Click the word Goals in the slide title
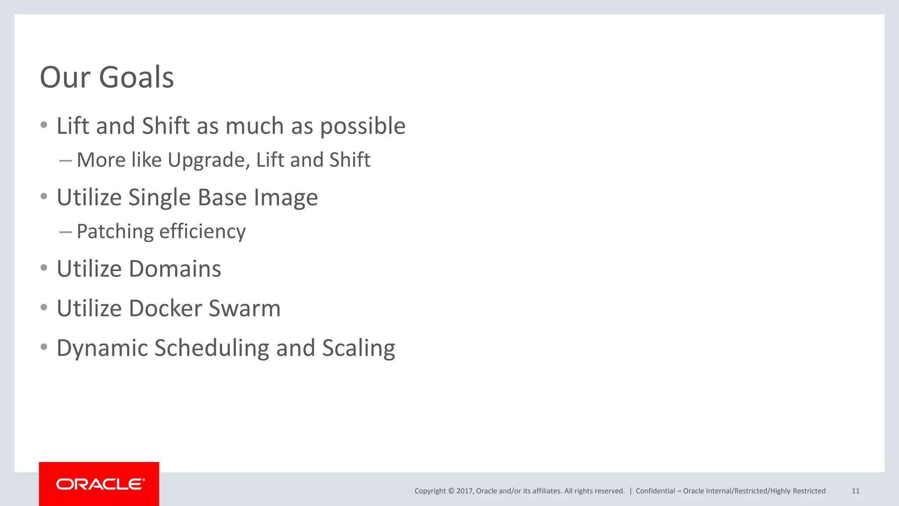[x=137, y=77]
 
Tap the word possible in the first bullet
[x=363, y=126]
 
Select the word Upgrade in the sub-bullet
[x=209, y=160]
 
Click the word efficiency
[x=202, y=231]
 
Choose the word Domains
[x=175, y=269]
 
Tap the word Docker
[x=165, y=308]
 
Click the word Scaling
[x=359, y=348]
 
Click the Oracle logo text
[x=100, y=484]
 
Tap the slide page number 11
[x=856, y=491]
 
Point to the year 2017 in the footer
[x=464, y=491]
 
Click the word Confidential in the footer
[x=655, y=491]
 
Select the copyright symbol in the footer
[x=451, y=491]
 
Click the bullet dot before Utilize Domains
[x=43, y=268]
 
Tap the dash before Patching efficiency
[x=65, y=232]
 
